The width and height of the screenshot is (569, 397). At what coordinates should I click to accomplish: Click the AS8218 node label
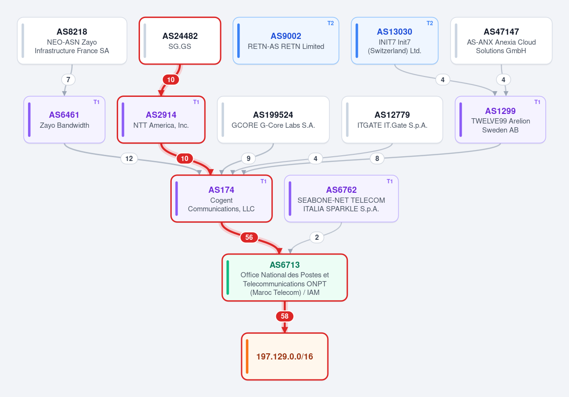click(x=72, y=32)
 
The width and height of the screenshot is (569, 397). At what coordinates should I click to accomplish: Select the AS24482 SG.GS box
click(x=180, y=41)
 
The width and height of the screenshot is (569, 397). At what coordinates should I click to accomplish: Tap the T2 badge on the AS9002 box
click(x=331, y=23)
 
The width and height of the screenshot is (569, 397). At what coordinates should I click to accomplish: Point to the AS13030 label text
click(x=394, y=32)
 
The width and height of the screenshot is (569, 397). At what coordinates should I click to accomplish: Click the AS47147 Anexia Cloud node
click(x=501, y=41)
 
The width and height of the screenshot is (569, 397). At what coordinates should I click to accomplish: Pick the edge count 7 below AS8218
click(x=68, y=80)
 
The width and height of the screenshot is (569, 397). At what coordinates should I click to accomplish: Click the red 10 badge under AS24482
click(x=171, y=80)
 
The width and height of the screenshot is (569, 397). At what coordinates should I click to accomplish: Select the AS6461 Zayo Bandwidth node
click(x=64, y=120)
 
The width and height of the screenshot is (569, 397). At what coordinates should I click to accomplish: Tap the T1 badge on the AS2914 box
click(x=196, y=102)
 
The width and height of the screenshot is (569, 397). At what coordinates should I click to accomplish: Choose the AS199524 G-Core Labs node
click(x=273, y=120)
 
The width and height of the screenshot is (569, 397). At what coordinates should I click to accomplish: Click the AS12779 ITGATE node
click(x=392, y=120)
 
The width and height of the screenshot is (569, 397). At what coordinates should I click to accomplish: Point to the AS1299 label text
click(x=500, y=111)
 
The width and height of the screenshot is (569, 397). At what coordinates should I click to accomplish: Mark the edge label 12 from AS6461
click(x=129, y=158)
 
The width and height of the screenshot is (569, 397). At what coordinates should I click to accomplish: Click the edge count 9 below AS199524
click(x=249, y=158)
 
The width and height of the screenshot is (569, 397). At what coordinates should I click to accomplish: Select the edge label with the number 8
click(x=377, y=158)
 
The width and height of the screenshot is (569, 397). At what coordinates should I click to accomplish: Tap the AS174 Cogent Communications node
click(x=221, y=198)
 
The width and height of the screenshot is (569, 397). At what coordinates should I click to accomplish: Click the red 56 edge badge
click(x=249, y=237)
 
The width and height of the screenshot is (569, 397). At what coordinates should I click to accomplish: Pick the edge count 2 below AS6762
click(x=317, y=237)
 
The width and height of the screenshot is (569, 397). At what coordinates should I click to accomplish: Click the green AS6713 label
click(x=285, y=265)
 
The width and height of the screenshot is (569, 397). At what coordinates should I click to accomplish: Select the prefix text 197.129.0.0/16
click(x=285, y=357)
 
